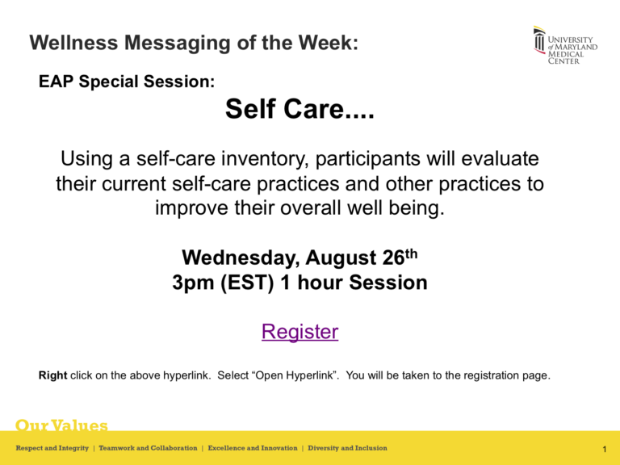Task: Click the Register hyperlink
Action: tap(300, 332)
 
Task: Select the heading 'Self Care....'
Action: tap(300, 110)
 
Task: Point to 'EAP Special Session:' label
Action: tap(126, 82)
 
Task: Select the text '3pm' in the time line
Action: tap(195, 283)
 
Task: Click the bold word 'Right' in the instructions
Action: tap(53, 375)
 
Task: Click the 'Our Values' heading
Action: tap(61, 425)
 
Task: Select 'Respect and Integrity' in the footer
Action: tap(52, 448)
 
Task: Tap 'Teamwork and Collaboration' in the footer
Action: tap(148, 448)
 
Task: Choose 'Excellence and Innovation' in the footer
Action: tap(252, 448)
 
